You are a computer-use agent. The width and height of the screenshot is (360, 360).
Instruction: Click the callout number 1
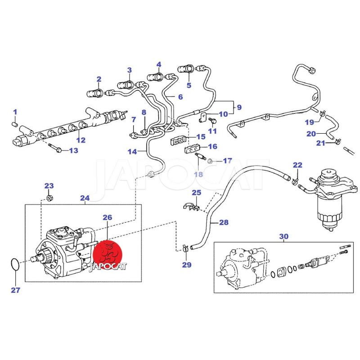(x=15, y=112)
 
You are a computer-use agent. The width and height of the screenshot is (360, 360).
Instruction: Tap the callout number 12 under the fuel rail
(x=81, y=140)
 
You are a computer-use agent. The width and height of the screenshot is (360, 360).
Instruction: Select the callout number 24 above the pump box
(x=85, y=198)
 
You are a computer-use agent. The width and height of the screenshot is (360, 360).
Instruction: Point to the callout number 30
(x=283, y=236)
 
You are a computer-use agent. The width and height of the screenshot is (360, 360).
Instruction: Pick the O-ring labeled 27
(x=14, y=265)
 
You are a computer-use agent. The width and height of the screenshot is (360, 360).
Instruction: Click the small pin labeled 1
(x=15, y=122)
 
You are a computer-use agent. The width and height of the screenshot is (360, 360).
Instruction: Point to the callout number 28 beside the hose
(x=224, y=222)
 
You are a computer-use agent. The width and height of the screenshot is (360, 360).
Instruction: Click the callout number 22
(x=297, y=165)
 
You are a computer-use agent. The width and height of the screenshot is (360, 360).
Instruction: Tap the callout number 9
(x=239, y=107)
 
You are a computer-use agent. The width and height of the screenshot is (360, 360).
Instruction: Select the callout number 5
(x=189, y=85)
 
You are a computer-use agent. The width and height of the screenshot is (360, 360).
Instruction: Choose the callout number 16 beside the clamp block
(x=212, y=146)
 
